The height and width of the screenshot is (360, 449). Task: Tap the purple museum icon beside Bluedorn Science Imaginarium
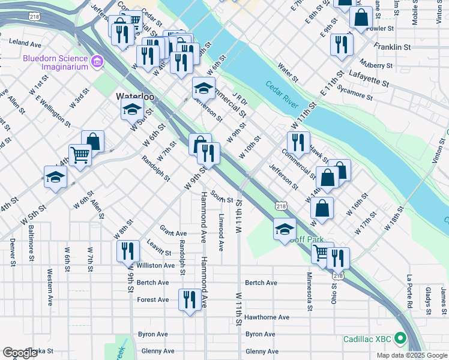coord(97,62)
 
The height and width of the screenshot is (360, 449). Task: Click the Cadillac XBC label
coord(368,339)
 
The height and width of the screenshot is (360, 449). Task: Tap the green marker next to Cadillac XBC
coord(399,339)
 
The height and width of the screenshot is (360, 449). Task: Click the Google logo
coord(20,353)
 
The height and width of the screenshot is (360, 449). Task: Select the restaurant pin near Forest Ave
coord(190,299)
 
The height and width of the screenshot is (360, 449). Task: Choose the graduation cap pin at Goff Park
coord(285,229)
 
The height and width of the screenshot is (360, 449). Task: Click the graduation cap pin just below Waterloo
coord(132,109)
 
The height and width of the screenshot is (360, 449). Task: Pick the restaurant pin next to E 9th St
coord(341,43)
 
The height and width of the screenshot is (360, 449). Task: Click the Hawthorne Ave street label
coord(267,317)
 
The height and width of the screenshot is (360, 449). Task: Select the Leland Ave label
coord(25,44)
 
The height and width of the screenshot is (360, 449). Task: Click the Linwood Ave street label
coord(221,232)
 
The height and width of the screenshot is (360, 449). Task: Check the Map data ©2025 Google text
coord(411,355)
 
